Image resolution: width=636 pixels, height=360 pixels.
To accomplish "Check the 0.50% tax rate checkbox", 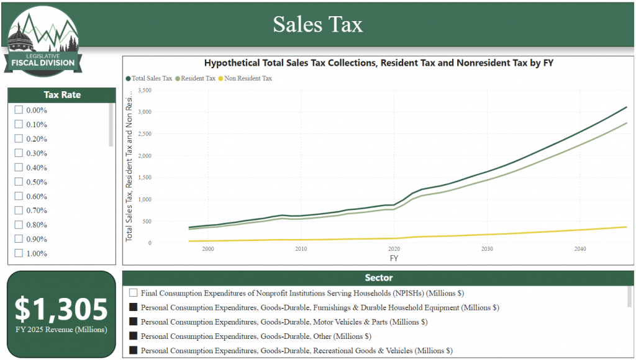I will (x=19, y=182).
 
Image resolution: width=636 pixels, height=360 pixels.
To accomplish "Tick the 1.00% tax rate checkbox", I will (x=19, y=253).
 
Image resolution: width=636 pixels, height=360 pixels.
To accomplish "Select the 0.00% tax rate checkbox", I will (x=19, y=110).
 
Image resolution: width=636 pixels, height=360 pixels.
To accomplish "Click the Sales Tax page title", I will (x=317, y=24).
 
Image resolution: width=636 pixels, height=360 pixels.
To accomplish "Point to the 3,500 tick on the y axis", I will (x=143, y=90).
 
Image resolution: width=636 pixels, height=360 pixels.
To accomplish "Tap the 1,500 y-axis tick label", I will (x=143, y=178).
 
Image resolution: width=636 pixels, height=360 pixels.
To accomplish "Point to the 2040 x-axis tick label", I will (x=580, y=249).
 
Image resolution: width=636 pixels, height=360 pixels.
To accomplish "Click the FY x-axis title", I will (x=394, y=258).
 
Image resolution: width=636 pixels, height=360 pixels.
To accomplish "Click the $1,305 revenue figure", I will (x=61, y=308).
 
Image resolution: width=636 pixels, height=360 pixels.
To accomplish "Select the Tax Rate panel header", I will (x=61, y=95).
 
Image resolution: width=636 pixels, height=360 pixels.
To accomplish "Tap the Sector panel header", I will (x=378, y=278).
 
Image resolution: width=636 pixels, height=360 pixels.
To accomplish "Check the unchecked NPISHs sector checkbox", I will (x=133, y=293).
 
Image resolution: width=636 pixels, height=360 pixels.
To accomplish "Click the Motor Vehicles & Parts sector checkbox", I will (x=133, y=322).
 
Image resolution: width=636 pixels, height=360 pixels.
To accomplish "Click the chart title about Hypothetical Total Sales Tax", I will (x=378, y=63).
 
